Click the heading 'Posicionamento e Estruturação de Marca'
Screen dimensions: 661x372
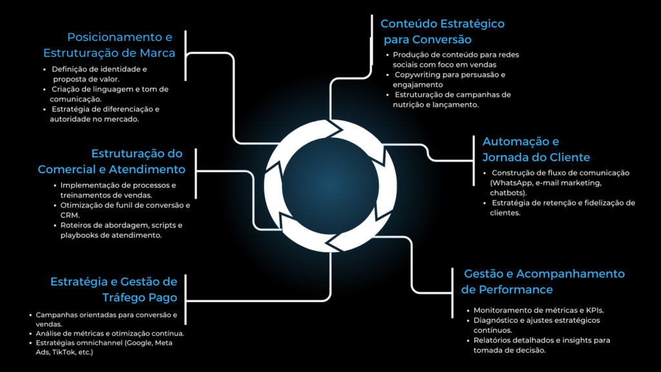(x=109, y=45)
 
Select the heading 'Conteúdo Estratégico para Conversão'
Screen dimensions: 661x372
(x=443, y=32)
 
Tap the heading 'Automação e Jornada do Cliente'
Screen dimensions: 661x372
(x=536, y=149)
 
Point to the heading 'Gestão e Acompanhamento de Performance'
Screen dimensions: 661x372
(x=543, y=282)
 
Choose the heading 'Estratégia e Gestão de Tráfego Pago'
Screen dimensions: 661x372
(x=114, y=289)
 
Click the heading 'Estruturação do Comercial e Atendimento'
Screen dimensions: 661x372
(x=112, y=161)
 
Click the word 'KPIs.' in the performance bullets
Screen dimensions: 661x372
(x=595, y=311)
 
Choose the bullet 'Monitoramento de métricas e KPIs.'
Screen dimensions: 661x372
(x=536, y=311)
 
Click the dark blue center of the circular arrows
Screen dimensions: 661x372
(x=330, y=185)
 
